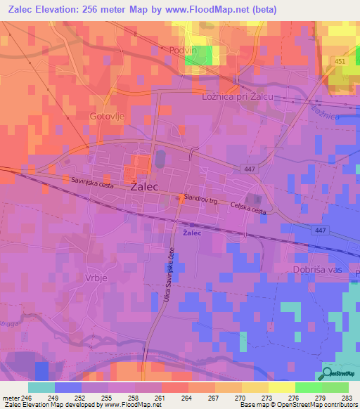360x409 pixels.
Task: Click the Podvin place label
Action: pyautogui.click(x=186, y=50)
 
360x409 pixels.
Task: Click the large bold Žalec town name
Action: pyautogui.click(x=144, y=187)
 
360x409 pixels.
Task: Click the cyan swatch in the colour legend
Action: pyautogui.click(x=41, y=387)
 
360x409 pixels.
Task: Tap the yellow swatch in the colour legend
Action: pyautogui.click(x=281, y=387)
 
